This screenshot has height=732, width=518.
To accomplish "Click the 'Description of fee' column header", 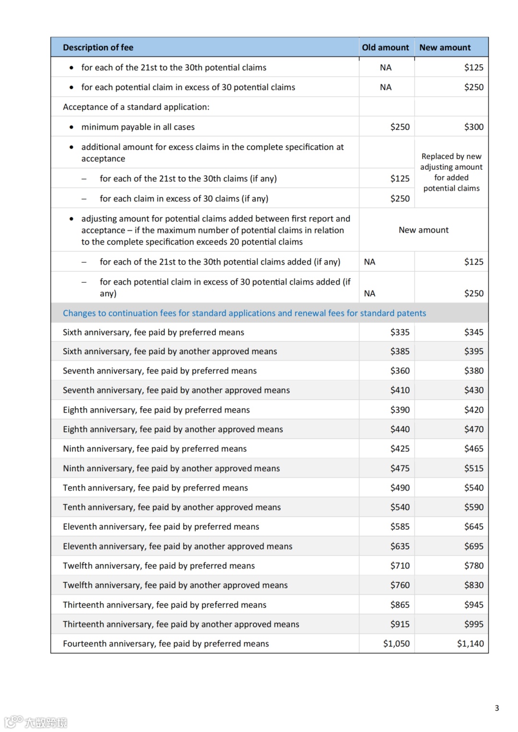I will pos(98,47).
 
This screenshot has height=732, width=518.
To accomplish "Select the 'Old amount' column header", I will pos(385,47).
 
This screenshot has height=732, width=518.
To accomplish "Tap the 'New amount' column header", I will pos(445,47).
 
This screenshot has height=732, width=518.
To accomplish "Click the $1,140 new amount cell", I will pos(470,643).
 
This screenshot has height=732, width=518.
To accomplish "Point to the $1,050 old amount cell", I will pos(396,643).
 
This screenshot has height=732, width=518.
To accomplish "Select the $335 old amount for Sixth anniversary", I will pos(400,332).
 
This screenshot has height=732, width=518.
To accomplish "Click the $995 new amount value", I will pos(473,624).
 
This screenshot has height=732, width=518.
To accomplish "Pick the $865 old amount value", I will pos(400,604).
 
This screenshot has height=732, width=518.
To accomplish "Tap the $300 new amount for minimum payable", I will pos(473,127).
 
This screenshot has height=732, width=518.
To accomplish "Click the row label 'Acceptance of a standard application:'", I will pos(136,107).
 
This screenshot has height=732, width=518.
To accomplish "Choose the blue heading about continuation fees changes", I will pos(244,313).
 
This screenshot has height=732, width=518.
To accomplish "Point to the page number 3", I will pos(497,708).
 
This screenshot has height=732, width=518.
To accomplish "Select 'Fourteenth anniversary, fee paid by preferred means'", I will pos(165,643).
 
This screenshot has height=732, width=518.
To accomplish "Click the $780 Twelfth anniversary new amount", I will pos(473,566).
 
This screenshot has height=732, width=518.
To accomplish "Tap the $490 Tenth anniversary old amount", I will pos(400,488).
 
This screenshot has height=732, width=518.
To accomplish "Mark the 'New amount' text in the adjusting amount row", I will pos(424,230).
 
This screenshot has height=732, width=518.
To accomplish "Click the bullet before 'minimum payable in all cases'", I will pos(71,127).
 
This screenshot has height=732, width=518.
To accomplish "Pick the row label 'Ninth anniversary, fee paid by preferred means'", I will pos(154,449).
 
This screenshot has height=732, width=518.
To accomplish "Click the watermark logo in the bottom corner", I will pos(36,722).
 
